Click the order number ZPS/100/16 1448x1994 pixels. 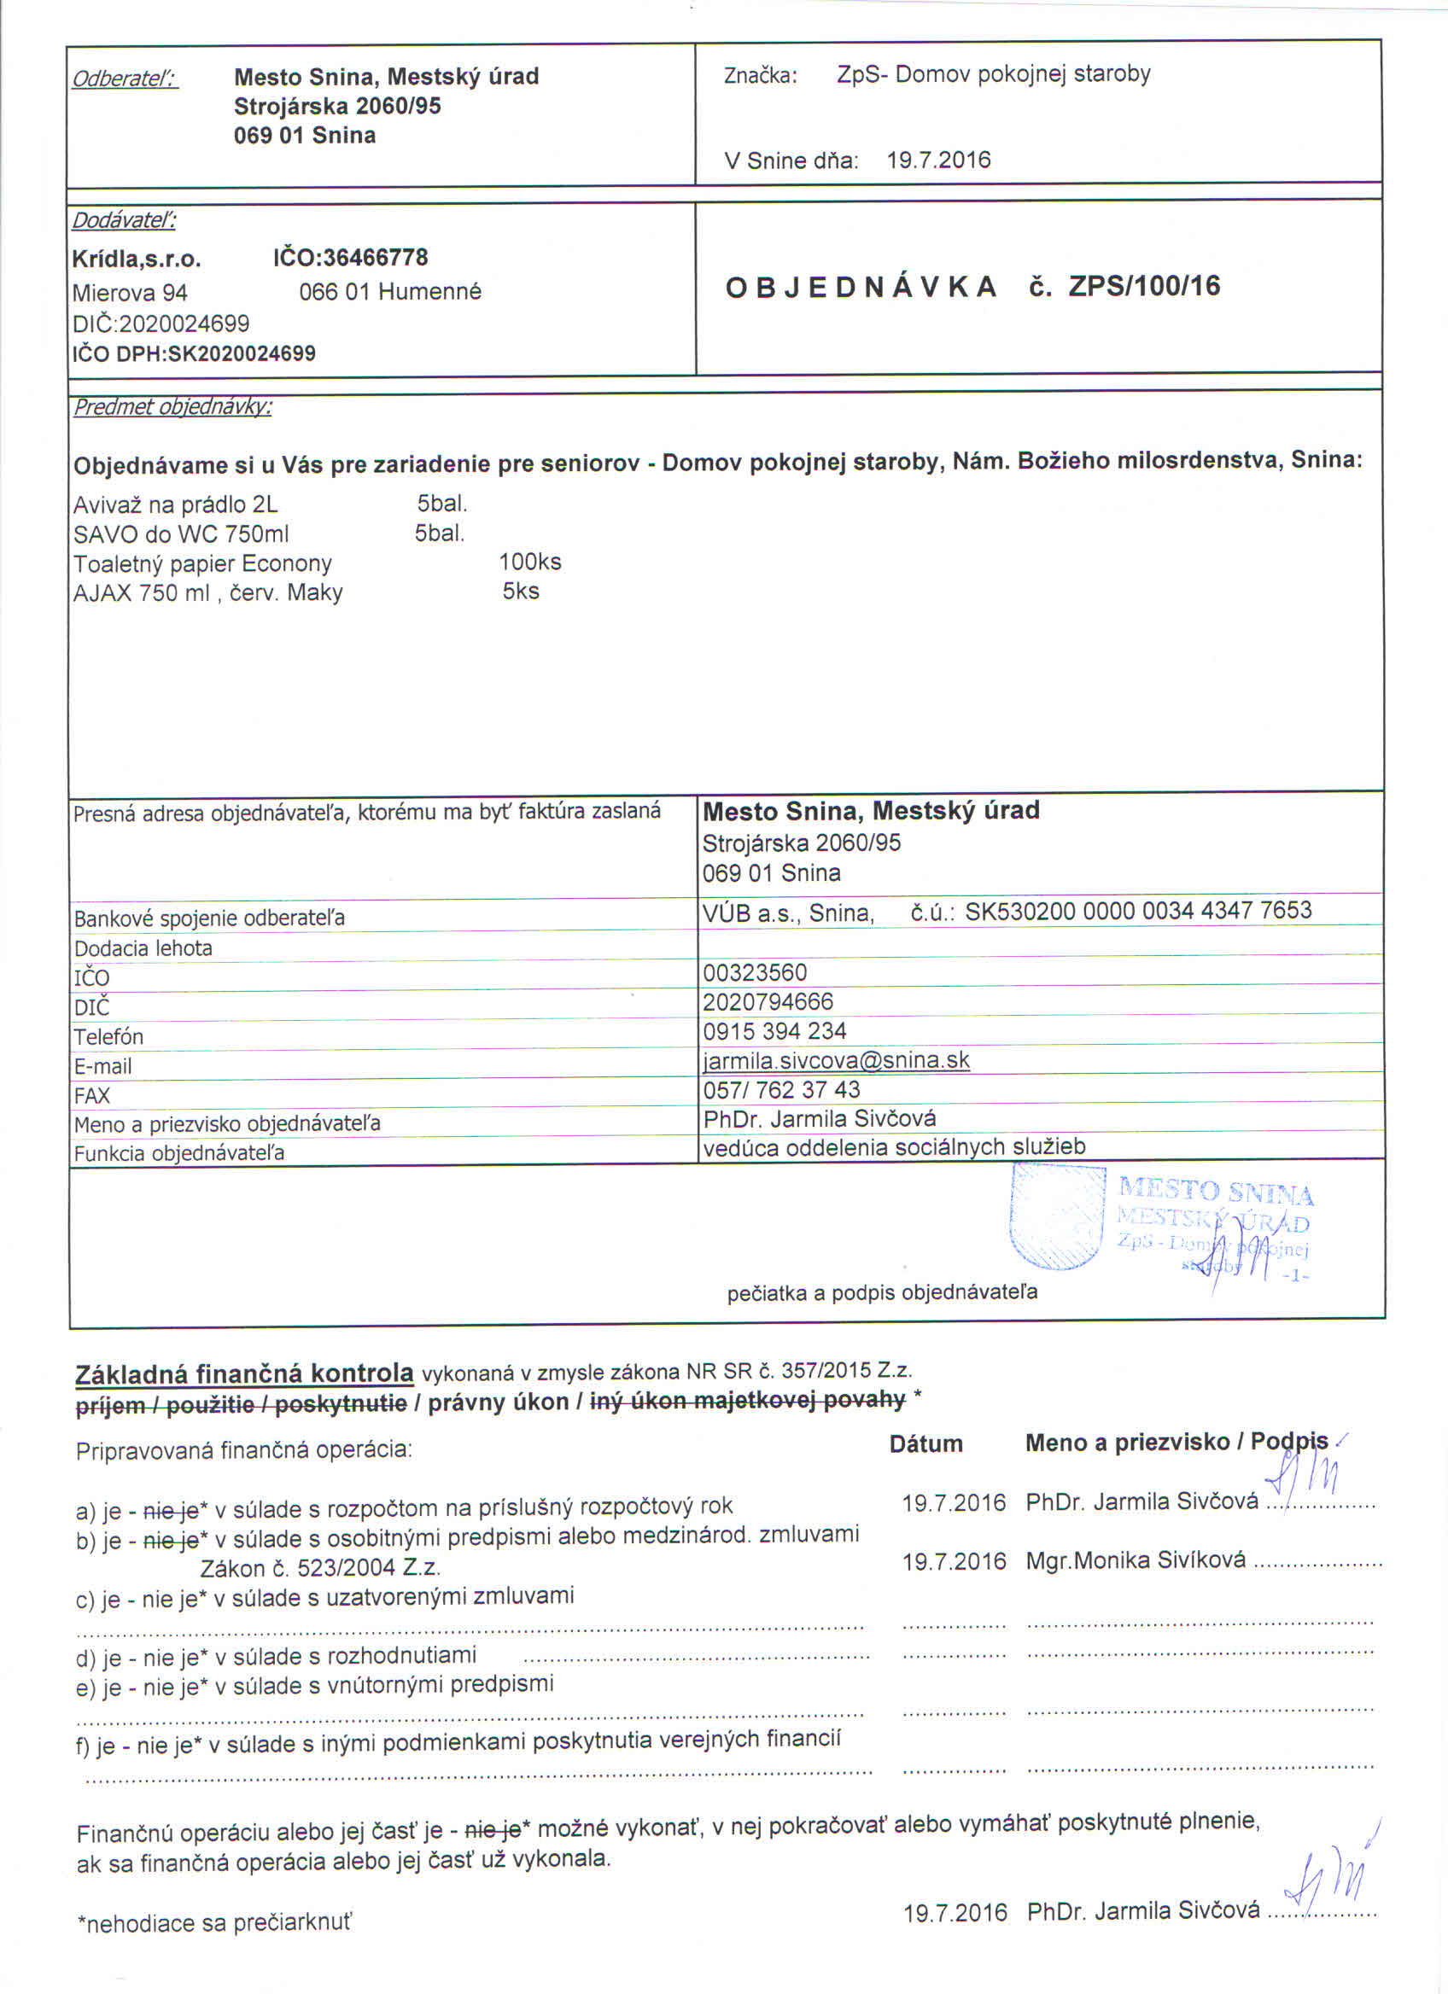coord(1144,287)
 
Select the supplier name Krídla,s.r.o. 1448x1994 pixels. coord(137,259)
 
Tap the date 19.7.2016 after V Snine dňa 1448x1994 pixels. coord(938,160)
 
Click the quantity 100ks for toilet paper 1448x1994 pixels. coord(529,562)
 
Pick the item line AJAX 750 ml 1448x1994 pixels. coord(207,592)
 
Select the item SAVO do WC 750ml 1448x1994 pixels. coord(181,533)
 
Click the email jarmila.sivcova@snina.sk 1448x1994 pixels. coord(836,1060)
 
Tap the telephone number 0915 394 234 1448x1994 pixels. coord(774,1030)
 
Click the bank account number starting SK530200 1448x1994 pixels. coord(1137,911)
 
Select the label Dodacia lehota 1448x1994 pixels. coord(143,948)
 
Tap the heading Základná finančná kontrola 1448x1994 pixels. coord(244,1373)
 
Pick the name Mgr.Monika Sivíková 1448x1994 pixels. coord(1135,1560)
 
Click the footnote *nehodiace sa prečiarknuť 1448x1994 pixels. coord(214,1923)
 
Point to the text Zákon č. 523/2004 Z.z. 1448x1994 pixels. coord(320,1568)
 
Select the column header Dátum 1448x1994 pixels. coord(925,1443)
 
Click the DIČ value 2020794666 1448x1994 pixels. coord(768,1001)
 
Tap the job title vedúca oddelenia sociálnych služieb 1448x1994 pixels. coord(894,1146)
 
